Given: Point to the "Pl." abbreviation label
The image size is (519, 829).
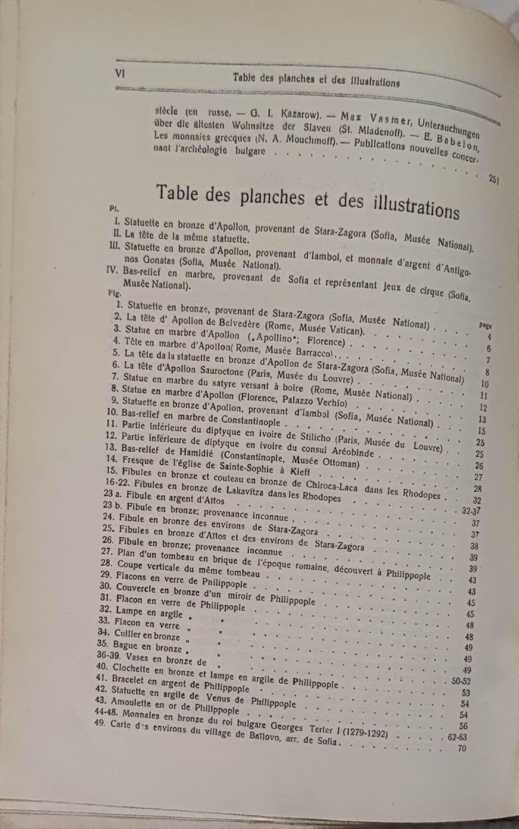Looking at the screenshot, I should [113, 208].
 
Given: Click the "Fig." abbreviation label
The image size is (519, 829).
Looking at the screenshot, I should [113, 293].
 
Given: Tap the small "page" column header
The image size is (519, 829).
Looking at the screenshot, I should [485, 326].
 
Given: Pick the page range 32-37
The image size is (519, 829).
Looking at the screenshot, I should [471, 511].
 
